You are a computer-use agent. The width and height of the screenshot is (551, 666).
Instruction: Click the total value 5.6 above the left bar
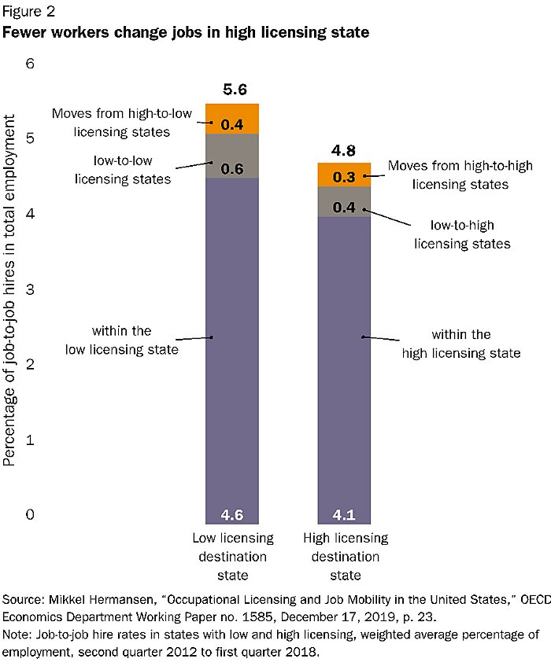click(x=232, y=90)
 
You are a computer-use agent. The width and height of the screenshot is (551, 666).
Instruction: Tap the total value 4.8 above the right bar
click(x=344, y=149)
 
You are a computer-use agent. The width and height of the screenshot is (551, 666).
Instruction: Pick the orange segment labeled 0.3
click(x=344, y=175)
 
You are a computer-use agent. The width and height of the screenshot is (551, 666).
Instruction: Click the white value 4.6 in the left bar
click(x=232, y=516)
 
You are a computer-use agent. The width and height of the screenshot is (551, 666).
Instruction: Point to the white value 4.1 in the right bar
click(x=344, y=516)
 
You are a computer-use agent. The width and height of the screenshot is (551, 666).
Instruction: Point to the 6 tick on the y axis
click(x=31, y=63)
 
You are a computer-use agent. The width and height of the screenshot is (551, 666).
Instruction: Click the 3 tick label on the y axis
click(x=31, y=289)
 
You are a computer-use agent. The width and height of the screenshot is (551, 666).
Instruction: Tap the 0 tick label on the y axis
click(x=31, y=515)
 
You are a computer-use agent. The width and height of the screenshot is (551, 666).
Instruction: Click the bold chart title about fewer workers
click(x=187, y=33)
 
